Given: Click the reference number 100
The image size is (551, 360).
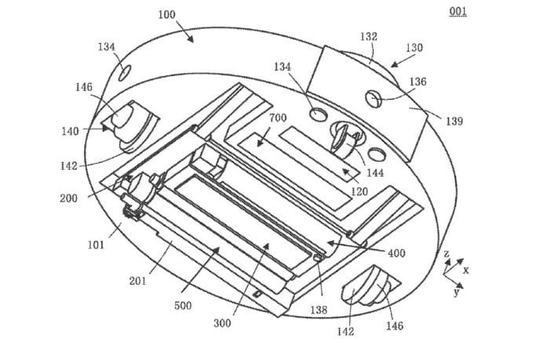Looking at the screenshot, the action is (167, 15).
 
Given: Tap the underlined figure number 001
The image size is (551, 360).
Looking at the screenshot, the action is (458, 12).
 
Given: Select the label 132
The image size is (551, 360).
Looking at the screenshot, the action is (369, 37).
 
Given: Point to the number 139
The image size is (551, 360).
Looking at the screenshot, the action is (454, 121).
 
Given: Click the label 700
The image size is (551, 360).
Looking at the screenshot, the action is (278, 118).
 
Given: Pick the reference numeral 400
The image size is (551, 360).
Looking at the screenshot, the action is (396, 253).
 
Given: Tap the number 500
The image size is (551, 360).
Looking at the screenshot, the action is (183, 305).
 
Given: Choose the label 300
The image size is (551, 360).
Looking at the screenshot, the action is (222, 323).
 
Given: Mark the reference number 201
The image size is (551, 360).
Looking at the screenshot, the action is (138, 281).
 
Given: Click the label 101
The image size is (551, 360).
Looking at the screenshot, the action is (96, 245).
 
